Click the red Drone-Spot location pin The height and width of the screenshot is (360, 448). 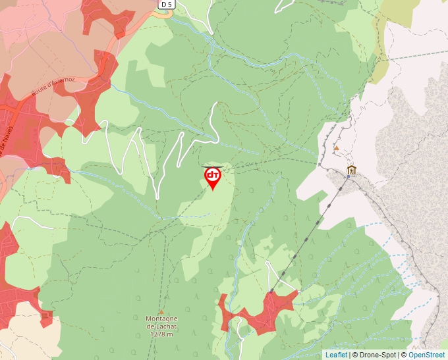[213, 178]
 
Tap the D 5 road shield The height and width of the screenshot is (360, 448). [167, 5]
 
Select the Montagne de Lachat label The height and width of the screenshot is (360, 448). [161, 322]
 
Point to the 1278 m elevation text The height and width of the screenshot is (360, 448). [161, 334]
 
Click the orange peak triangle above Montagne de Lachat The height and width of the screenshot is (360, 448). [161, 312]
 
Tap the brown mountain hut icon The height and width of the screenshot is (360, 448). [351, 170]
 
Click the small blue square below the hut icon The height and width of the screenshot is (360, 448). [349, 177]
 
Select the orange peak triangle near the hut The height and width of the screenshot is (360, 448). [336, 148]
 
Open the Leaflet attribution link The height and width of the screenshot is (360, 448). [336, 355]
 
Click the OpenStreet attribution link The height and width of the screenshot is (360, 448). [428, 355]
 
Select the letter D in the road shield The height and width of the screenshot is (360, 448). [163, 5]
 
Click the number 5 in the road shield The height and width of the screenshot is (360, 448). [170, 5]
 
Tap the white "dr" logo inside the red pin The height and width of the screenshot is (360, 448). [213, 175]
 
